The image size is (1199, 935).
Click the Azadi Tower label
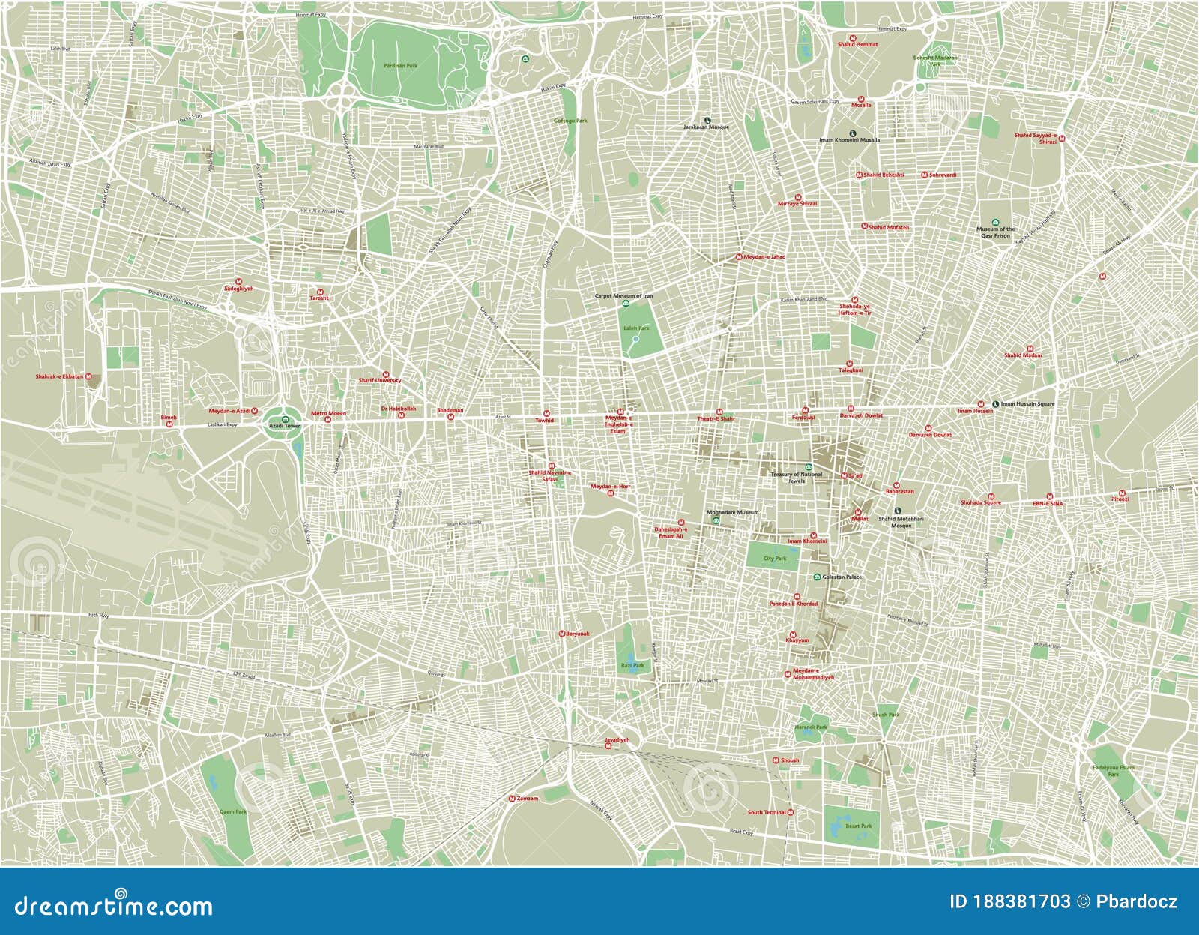pos(284,426)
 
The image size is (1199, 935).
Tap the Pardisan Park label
pos(400,66)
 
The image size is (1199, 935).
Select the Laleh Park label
pos(636,328)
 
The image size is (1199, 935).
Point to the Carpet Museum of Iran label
pos(623,296)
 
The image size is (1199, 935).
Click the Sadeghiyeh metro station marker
pos(238,281)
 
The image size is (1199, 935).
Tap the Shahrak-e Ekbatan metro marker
pos(88,376)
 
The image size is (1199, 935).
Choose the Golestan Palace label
pos(842,577)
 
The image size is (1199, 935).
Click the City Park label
pos(775,559)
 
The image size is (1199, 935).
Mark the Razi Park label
pos(632,665)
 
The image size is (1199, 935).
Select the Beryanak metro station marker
pos(561,634)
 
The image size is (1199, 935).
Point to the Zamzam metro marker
pos(512,799)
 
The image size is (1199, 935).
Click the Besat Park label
pos(858,826)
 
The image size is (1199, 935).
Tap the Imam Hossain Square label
pos(1027,404)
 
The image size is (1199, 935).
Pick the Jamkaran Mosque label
pos(706,127)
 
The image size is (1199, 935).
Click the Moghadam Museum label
pos(733,513)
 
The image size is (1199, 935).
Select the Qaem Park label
pos(232,811)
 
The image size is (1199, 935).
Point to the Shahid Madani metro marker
pos(1030,349)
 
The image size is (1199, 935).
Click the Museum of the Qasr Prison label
pos(996,232)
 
